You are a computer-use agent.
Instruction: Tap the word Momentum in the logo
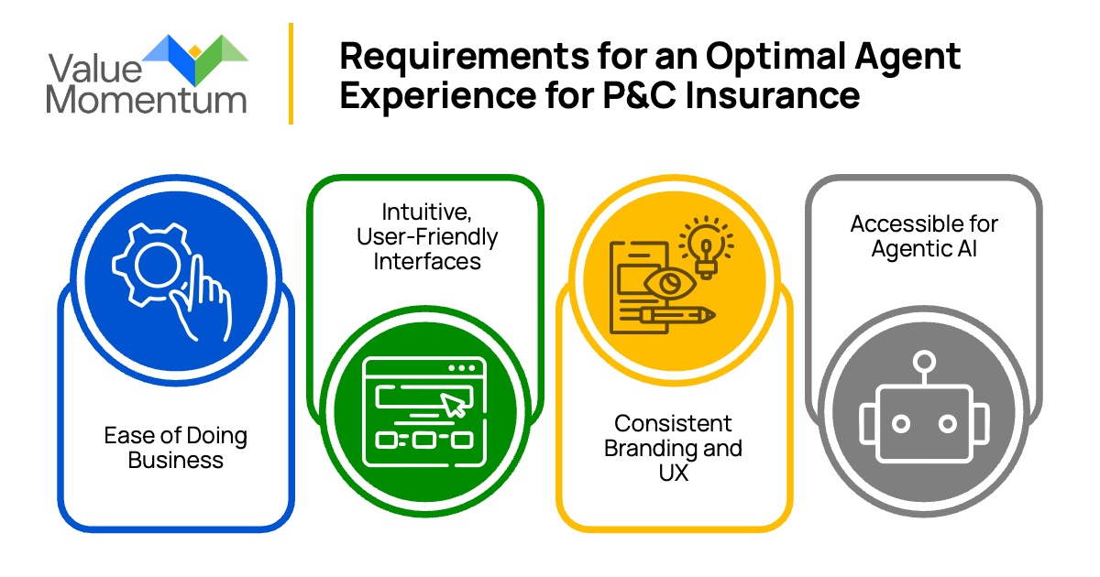click(x=146, y=99)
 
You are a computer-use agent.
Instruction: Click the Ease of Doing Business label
click(x=176, y=446)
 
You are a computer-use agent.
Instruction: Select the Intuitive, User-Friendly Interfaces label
click(x=427, y=237)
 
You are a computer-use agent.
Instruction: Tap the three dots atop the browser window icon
click(x=464, y=367)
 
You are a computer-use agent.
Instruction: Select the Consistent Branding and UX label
click(x=674, y=448)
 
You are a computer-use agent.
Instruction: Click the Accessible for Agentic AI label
click(x=924, y=235)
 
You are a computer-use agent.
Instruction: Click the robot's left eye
click(x=901, y=423)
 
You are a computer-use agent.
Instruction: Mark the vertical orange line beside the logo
click(x=291, y=73)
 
